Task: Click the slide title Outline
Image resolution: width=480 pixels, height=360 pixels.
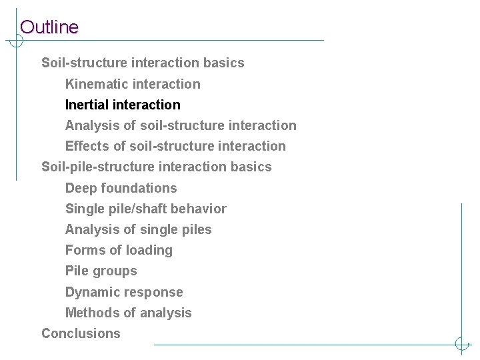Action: (49, 27)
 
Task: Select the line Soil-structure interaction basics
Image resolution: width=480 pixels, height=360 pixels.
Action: (143, 63)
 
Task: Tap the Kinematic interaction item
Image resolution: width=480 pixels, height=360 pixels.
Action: (133, 84)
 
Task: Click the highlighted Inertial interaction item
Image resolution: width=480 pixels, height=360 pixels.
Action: (123, 105)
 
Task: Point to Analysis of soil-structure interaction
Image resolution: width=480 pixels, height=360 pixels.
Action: (181, 125)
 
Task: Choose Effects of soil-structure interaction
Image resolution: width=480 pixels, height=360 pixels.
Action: (175, 146)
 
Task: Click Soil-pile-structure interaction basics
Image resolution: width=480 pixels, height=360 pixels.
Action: (157, 167)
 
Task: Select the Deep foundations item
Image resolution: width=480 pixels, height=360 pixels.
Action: (121, 188)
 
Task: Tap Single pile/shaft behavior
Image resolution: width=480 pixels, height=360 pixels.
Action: (145, 209)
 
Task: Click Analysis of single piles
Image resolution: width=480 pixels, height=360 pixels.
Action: (138, 229)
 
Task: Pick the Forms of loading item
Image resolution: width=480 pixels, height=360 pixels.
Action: (119, 250)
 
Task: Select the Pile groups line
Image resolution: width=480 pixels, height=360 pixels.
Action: (101, 271)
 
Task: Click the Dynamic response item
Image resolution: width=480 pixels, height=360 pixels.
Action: (124, 292)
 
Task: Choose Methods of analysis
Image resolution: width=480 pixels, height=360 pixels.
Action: (128, 313)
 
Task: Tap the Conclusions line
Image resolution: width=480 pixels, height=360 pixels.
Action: (81, 333)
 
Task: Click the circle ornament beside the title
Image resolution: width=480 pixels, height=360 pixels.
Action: (15, 41)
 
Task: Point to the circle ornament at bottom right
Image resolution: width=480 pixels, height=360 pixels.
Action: (462, 344)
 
